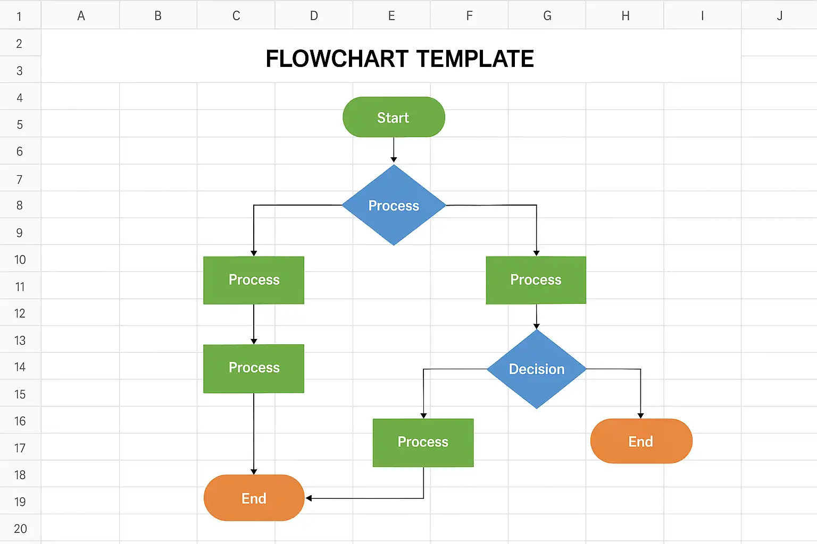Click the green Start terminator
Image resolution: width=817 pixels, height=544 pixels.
click(x=394, y=117)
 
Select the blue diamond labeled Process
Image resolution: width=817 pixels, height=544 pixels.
click(x=394, y=205)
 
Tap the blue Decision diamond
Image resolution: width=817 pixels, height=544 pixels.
click(x=537, y=369)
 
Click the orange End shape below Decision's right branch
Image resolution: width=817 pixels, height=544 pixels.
click(x=641, y=441)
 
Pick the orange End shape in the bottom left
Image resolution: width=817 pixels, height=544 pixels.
click(x=254, y=498)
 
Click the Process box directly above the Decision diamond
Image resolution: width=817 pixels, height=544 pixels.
click(x=536, y=280)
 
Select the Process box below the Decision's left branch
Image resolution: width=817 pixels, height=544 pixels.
click(x=423, y=443)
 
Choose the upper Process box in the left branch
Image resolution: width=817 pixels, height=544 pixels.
click(x=254, y=280)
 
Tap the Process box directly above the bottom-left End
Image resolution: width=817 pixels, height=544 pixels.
click(x=254, y=368)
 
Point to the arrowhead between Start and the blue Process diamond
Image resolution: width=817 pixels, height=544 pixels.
click(x=394, y=159)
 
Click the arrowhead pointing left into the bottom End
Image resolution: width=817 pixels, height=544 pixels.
click(x=309, y=498)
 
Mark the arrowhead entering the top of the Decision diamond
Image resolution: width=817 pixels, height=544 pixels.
click(x=537, y=326)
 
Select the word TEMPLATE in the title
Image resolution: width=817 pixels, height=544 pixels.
click(x=475, y=58)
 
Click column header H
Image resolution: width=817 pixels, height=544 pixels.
click(x=625, y=15)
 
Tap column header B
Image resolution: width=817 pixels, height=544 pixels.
click(x=158, y=15)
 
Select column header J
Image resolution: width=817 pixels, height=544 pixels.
click(x=779, y=15)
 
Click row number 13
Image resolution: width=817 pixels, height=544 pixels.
click(x=20, y=341)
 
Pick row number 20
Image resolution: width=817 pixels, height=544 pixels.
click(x=20, y=529)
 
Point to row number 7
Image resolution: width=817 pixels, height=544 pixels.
click(x=20, y=179)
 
